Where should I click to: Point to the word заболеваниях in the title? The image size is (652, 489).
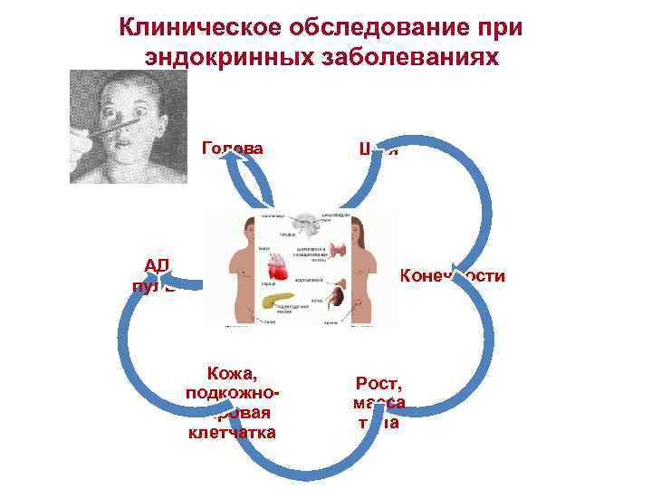coord(420,58)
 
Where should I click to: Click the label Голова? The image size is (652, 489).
coord(233,149)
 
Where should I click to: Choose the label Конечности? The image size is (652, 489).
coord(452,275)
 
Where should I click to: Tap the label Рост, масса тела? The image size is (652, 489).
coord(380,401)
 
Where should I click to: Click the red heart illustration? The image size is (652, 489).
coord(281,268)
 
